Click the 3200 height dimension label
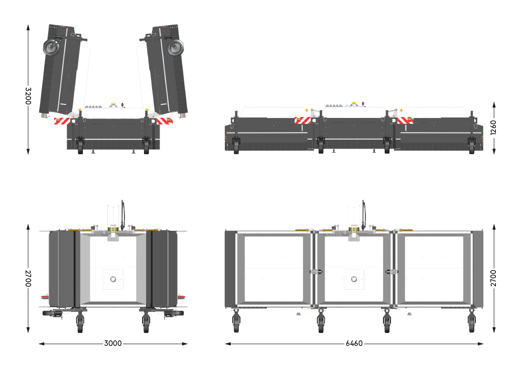tap(28, 95)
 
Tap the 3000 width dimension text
tap(113, 344)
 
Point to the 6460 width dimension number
tap(354, 344)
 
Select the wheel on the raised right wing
tap(175, 48)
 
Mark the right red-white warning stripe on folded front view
tap(164, 121)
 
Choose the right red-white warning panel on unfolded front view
tap(405, 120)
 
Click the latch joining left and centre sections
tap(315, 272)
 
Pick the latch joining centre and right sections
tap(392, 272)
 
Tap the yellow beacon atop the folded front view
tap(113, 105)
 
